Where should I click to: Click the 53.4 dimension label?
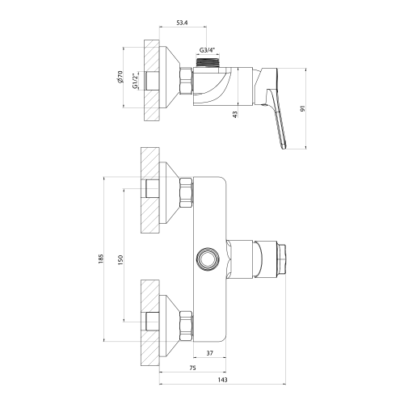[182, 23]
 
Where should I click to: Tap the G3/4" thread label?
[208, 50]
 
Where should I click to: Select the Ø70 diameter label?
[120, 77]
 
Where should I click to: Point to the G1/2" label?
[135, 81]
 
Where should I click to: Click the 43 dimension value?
[235, 114]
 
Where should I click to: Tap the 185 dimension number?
[101, 259]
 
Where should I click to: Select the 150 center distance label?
[120, 259]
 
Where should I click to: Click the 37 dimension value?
[209, 353]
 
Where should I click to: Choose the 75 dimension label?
[192, 368]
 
